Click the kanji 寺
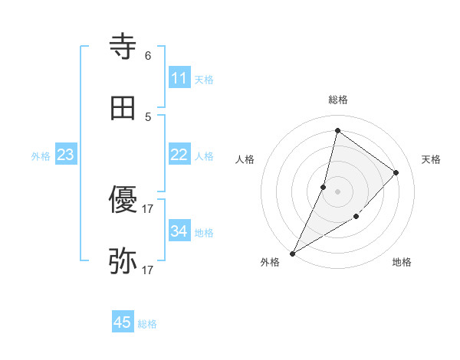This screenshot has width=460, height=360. click(x=123, y=47)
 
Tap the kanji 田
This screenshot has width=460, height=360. click(x=123, y=109)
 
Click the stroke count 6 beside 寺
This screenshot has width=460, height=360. click(x=148, y=56)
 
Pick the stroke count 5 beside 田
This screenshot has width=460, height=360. click(x=148, y=117)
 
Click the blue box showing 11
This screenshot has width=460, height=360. click(x=179, y=78)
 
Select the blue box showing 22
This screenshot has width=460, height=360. click(x=179, y=155)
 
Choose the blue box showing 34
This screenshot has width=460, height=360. click(x=179, y=231)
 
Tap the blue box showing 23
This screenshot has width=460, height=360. click(x=65, y=155)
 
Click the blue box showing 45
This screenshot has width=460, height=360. click(x=123, y=322)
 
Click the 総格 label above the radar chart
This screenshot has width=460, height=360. click(x=337, y=100)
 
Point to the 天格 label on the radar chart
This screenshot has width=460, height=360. click(x=431, y=159)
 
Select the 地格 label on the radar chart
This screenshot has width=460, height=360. click(x=402, y=263)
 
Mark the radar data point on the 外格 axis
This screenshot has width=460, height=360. click(x=292, y=253)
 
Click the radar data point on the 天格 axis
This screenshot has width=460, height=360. click(x=396, y=172)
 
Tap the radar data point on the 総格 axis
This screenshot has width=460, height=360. click(x=337, y=130)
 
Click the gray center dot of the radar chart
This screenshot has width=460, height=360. click(x=337, y=191)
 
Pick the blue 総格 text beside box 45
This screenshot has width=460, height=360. click(x=147, y=324)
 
